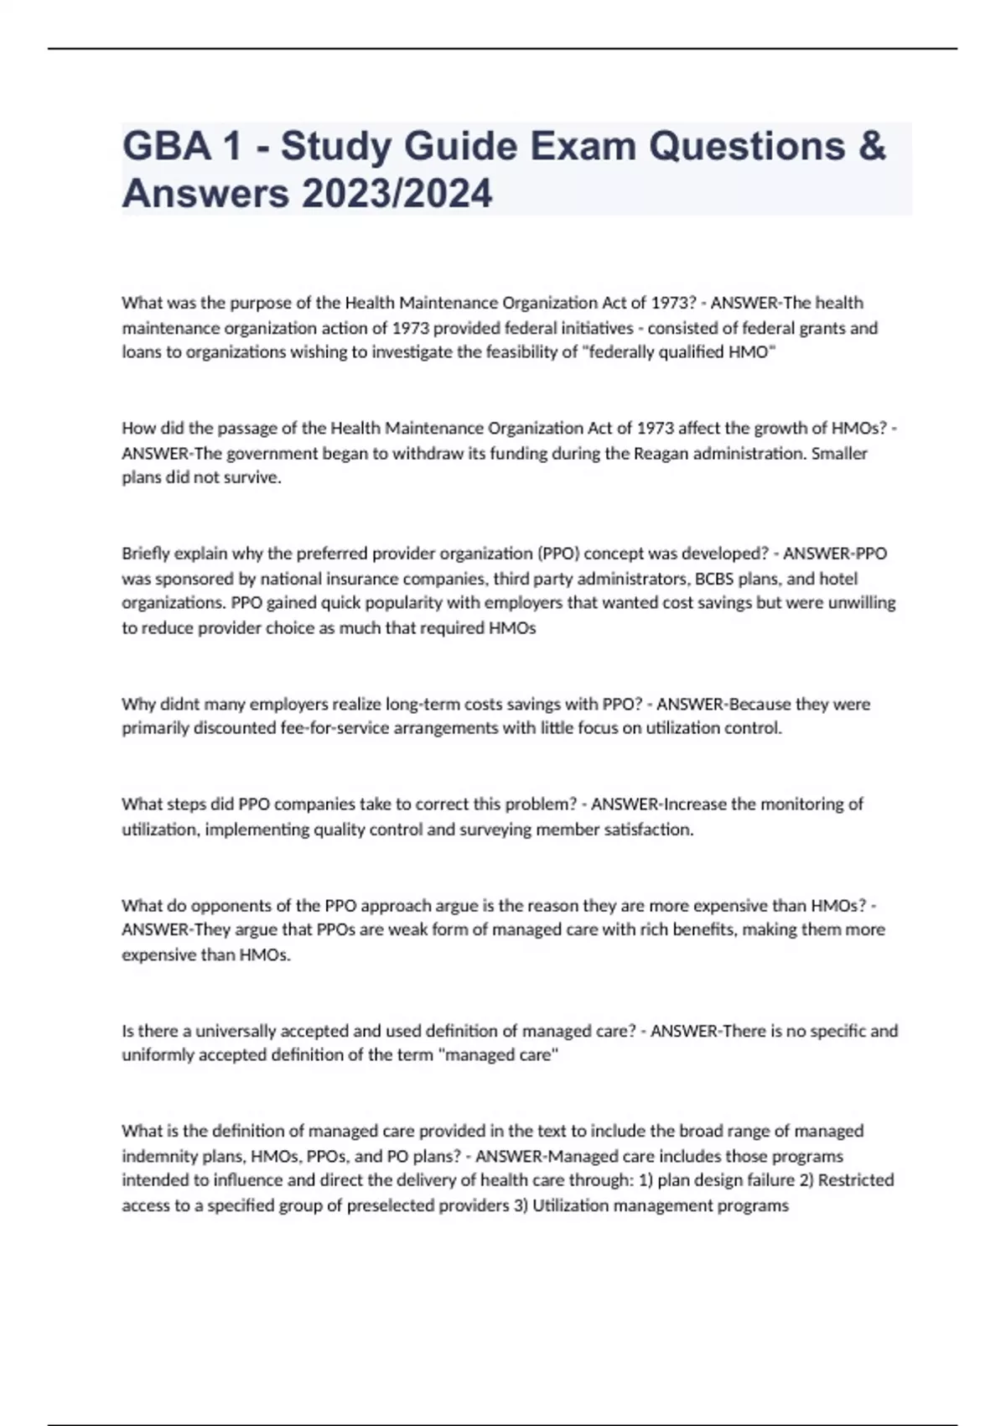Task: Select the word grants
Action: (x=818, y=328)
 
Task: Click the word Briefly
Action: (x=146, y=554)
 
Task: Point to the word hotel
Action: (x=838, y=579)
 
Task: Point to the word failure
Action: (x=767, y=1180)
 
